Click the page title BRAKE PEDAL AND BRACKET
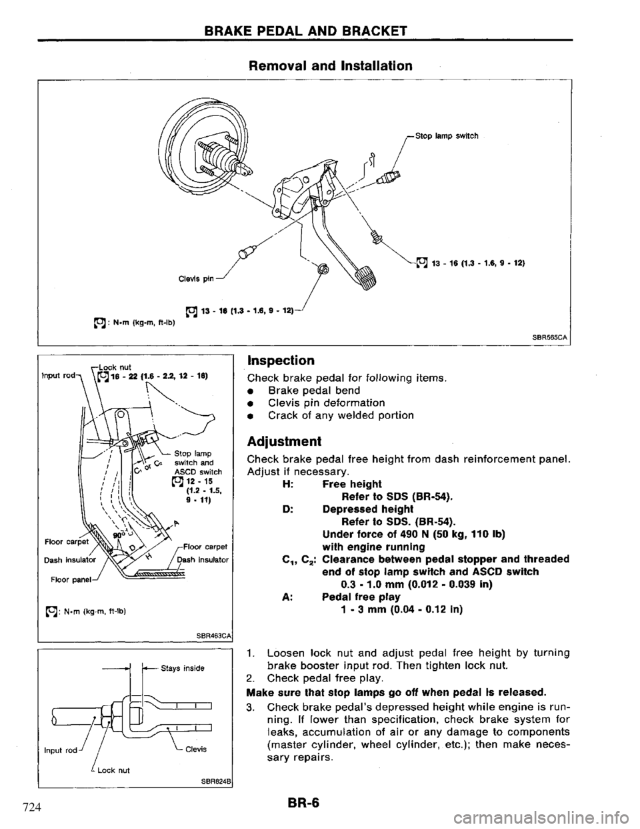(306, 30)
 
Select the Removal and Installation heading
(330, 66)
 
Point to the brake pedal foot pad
(366, 279)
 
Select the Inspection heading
(281, 360)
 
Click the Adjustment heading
(284, 442)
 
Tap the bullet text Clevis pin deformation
(327, 403)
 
